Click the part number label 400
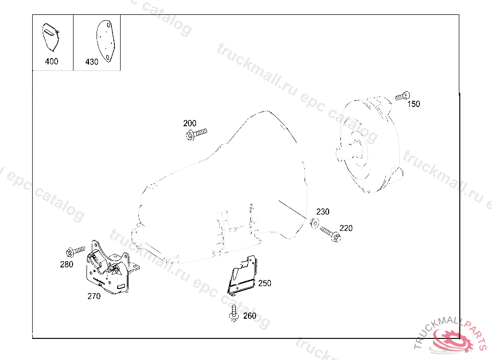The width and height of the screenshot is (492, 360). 51,61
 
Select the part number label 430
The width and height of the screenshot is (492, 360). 92,62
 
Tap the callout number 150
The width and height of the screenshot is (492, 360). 413,104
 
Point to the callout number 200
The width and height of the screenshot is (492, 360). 190,123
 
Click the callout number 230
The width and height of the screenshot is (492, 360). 322,212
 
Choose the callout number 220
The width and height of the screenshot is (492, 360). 346,228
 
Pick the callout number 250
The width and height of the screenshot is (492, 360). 264,283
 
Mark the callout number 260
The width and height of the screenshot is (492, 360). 249,316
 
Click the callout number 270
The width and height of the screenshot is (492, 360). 94,296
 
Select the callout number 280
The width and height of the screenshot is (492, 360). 67,264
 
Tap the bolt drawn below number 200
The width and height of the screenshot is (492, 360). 196,133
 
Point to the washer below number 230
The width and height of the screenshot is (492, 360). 315,222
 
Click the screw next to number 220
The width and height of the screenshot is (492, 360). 331,234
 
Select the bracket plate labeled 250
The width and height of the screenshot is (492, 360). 242,276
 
